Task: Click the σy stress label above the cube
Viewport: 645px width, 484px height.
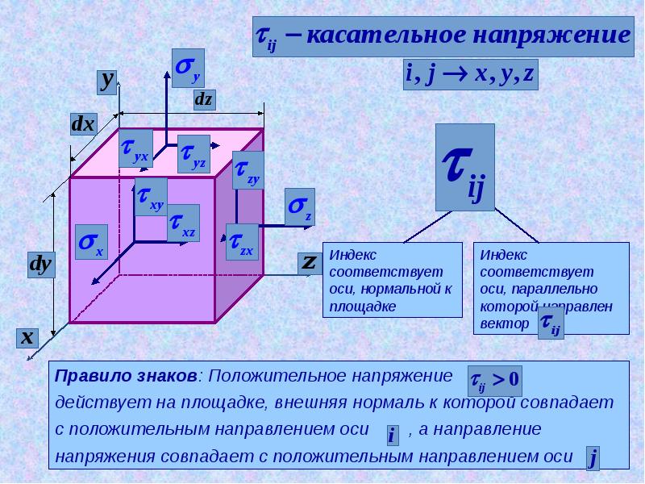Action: coord(188,67)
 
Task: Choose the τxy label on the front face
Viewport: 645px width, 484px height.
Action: coord(149,197)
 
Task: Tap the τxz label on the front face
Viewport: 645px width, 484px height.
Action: coord(183,223)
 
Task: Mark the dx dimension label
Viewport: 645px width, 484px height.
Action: coord(83,124)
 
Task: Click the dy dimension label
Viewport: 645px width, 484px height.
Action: coord(40,265)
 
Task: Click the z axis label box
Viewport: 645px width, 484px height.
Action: coord(308,262)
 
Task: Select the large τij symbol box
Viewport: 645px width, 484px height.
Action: coord(464,167)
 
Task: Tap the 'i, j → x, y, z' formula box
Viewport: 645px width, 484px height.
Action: coord(470,74)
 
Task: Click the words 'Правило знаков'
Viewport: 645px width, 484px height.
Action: coord(126,376)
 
